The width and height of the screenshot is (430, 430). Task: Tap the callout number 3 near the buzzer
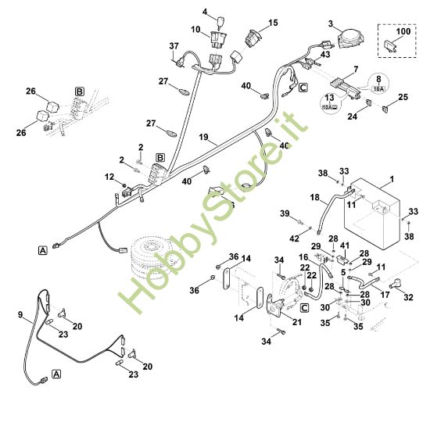(331, 24)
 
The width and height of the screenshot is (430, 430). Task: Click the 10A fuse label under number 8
(378, 90)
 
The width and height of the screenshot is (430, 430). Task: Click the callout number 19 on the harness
(202, 138)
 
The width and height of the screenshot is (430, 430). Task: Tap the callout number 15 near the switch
(273, 23)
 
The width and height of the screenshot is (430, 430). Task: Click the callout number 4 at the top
(206, 12)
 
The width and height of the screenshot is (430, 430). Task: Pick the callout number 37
(174, 47)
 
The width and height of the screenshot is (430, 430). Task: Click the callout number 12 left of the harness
(109, 178)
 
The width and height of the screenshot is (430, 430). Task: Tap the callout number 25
(403, 97)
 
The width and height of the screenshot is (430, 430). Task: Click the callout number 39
(285, 213)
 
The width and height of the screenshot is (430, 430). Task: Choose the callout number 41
(345, 245)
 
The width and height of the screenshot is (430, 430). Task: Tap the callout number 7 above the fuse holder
(356, 70)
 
